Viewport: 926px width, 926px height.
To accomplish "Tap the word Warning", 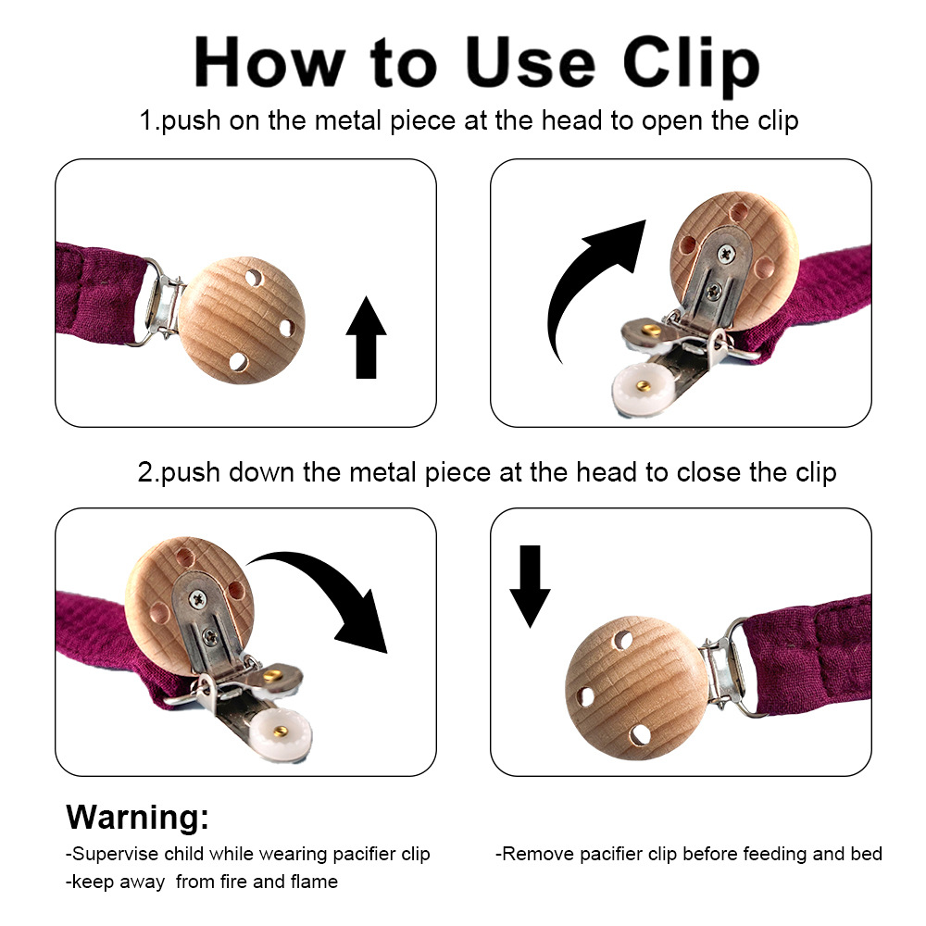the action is tap(137, 817).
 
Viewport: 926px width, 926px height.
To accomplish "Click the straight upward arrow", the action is tap(366, 337).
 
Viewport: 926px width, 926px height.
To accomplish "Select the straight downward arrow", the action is tap(531, 586).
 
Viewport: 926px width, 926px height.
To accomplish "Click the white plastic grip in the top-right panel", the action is tap(640, 388).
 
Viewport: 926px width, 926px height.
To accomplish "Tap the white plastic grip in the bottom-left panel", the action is tap(280, 732).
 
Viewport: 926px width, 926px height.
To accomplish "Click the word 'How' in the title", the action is tap(269, 63).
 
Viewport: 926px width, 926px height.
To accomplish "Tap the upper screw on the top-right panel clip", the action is tap(726, 254).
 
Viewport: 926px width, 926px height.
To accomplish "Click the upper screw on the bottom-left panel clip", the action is tap(197, 600).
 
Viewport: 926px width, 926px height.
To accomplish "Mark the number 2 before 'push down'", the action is tap(145, 472).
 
